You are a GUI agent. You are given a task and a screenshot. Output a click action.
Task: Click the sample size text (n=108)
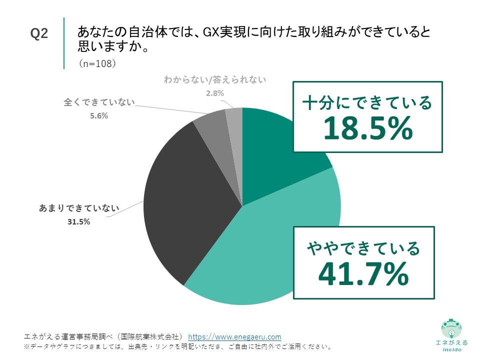(97, 64)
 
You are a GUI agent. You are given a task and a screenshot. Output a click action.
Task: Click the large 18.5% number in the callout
(367, 128)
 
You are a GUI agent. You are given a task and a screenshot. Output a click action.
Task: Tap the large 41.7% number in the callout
(363, 273)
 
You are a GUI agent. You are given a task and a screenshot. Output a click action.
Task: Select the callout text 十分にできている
(367, 103)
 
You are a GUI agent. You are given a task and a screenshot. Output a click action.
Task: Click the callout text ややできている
(363, 247)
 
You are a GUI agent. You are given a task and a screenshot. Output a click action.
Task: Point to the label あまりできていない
(79, 208)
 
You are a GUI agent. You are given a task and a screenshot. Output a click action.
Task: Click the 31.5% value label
(78, 222)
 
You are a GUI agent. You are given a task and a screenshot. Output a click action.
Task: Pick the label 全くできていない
(99, 102)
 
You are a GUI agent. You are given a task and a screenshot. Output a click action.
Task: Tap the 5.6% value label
(99, 116)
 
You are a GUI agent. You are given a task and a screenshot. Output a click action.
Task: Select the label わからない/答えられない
(215, 79)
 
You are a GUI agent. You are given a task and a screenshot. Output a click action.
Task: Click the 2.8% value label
(215, 93)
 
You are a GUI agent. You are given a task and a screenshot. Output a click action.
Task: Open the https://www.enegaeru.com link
(234, 336)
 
